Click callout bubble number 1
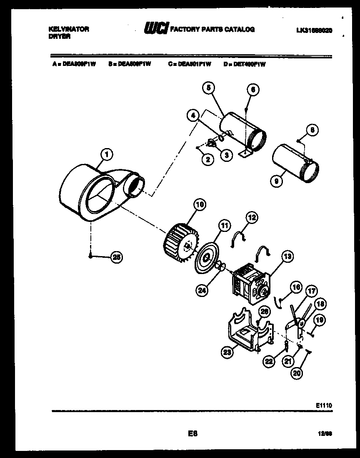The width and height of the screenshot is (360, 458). pyautogui.click(x=107, y=155)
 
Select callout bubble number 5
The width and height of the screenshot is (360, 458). pyautogui.click(x=209, y=88)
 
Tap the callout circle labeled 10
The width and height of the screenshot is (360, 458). pyautogui.click(x=200, y=204)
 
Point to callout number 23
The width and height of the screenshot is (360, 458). pyautogui.click(x=226, y=353)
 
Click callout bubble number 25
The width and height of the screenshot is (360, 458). pyautogui.click(x=117, y=258)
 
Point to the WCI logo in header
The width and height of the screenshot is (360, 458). pyautogui.click(x=156, y=29)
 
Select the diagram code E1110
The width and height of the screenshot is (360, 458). pyautogui.click(x=324, y=405)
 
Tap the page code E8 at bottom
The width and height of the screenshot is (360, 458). pyautogui.click(x=192, y=433)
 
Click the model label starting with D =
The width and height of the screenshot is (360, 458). pyautogui.click(x=244, y=64)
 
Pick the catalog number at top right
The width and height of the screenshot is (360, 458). pyautogui.click(x=314, y=30)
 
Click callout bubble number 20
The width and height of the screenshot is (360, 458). pyautogui.click(x=296, y=373)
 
